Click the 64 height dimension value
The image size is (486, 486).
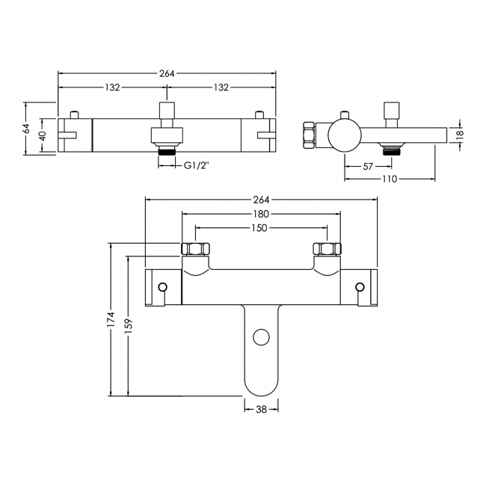(26, 129)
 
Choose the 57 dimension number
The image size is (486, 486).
(368, 165)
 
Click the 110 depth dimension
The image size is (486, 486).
(390, 179)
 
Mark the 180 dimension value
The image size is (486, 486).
(261, 214)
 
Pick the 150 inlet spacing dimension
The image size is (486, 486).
(261, 227)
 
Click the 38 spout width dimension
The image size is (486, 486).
(261, 408)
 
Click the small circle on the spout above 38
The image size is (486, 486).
(261, 338)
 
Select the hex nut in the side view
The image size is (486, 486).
(308, 135)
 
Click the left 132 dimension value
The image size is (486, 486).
(112, 87)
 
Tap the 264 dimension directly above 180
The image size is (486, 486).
(261, 200)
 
